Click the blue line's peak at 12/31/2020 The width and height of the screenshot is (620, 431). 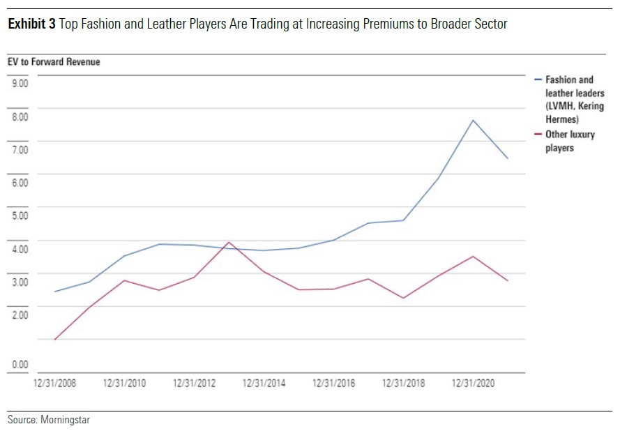pos(474,120)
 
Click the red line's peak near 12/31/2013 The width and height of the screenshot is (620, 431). pos(229,242)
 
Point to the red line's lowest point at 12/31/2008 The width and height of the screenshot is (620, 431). pos(54,340)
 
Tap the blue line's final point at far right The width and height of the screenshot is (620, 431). pos(508,159)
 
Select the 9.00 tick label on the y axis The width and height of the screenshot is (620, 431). pos(19,83)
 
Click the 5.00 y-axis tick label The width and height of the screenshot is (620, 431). pos(19,215)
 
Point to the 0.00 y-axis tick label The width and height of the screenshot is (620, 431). pos(19,364)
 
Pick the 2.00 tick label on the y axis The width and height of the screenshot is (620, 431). pos(19,315)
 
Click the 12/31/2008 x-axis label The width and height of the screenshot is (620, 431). pos(54,383)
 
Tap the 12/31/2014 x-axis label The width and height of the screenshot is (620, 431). pos(264,383)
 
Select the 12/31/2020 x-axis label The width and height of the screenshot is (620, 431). pos(474,383)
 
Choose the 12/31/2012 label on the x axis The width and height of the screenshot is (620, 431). pos(194,383)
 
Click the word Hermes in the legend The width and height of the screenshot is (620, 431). pos(562,119)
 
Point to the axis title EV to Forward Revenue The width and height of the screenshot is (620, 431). pos(54,62)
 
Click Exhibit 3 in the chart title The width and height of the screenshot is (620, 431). pos(32,24)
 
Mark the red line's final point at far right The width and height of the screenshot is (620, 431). pos(508,281)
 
